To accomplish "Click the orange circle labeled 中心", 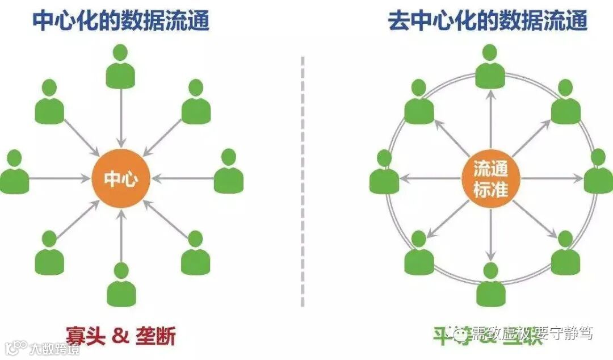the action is point(121,178).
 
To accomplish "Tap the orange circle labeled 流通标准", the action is point(490,178).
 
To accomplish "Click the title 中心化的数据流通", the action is point(121,21).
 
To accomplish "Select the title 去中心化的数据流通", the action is point(488,21).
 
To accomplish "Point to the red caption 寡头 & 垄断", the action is point(120,336).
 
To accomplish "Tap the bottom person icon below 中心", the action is point(121,285).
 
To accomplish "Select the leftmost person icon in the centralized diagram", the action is point(15,173).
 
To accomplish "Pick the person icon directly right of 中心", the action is point(229,171).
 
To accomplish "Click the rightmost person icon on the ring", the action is point(598,171).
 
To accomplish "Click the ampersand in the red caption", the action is point(120,336).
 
